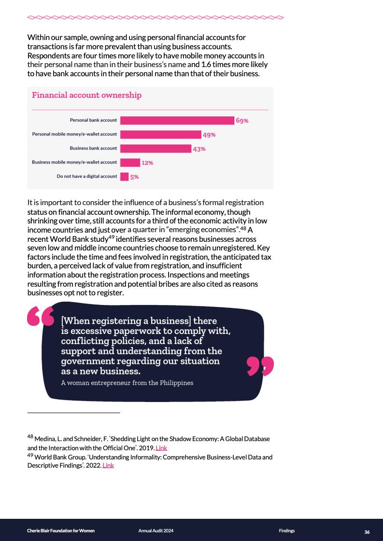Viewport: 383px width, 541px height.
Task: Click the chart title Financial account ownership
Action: coord(86,95)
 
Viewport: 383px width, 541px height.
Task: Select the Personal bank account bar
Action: coord(177,120)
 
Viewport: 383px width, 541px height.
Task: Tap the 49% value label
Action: coord(209,135)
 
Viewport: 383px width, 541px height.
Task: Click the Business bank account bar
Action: coord(155,149)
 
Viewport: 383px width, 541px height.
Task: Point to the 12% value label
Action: coord(147,163)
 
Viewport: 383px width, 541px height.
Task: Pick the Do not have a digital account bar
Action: coord(124,177)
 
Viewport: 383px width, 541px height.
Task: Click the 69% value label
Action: coord(242,121)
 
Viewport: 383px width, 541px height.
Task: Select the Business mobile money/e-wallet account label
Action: coord(74,162)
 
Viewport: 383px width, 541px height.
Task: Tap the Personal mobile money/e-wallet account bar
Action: coord(160,135)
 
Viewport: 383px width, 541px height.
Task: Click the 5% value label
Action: coord(134,177)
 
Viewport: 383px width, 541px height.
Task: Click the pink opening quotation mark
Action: coord(41,316)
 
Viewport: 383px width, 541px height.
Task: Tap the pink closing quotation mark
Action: coord(260,366)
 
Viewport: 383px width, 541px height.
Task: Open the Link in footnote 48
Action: coord(161,448)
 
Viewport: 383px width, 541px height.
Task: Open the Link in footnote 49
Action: coord(108,465)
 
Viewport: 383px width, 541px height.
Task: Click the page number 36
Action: coord(367,532)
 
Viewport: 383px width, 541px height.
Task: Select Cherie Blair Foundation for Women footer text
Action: coord(61,531)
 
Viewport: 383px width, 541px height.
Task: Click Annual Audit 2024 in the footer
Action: coord(156,531)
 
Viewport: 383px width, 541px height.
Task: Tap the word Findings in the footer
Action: coord(286,531)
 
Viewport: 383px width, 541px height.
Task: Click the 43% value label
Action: coord(199,149)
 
